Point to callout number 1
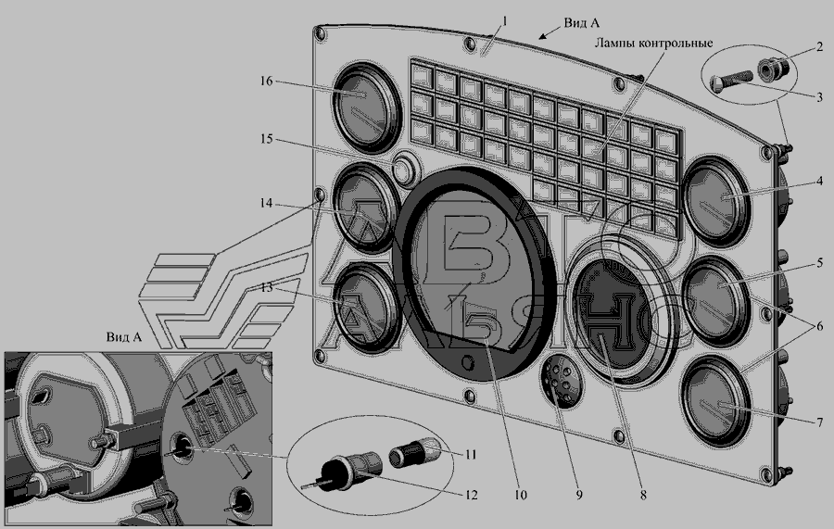505,19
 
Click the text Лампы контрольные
646,43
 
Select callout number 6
818,325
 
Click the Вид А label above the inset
123,338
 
